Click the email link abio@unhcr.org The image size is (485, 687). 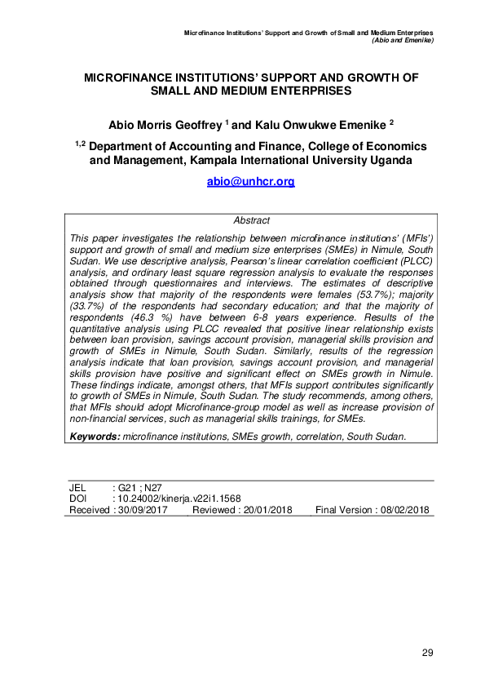(251, 182)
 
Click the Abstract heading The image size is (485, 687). (251, 220)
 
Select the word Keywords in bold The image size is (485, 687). (94, 437)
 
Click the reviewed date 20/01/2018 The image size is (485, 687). (267, 510)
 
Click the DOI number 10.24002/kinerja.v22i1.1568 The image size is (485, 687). (179, 499)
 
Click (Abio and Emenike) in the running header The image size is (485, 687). (401, 40)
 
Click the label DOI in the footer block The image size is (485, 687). (77, 499)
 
